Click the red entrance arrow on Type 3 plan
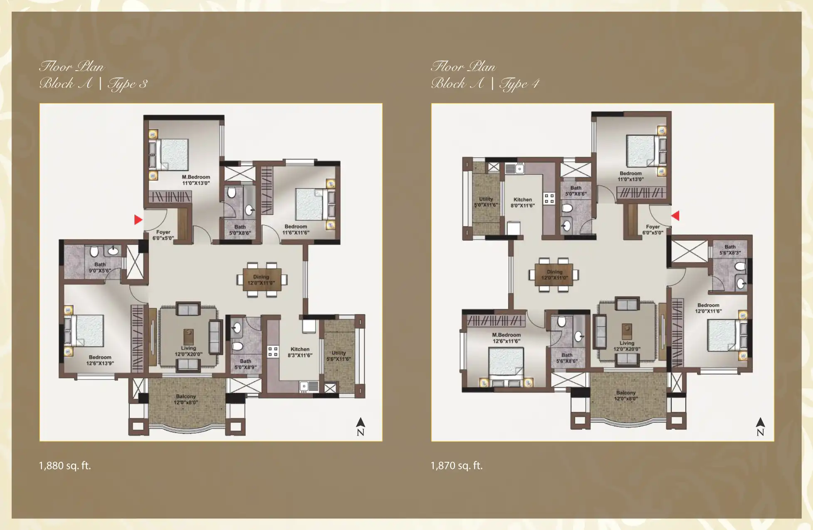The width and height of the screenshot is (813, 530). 138,220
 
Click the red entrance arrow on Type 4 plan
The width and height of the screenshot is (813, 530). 675,216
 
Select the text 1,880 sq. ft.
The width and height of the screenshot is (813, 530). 65,466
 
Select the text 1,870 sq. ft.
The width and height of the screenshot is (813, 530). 457,466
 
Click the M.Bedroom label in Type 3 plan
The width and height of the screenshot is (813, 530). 196,180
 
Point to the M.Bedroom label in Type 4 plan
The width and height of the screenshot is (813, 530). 506,338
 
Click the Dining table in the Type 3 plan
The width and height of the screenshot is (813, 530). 262,280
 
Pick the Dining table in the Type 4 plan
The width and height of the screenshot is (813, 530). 554,275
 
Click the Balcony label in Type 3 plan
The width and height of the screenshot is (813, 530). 186,399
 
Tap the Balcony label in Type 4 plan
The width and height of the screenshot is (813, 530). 626,395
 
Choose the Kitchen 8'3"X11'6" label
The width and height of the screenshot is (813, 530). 300,352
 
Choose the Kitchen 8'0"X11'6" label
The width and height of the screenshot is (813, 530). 523,202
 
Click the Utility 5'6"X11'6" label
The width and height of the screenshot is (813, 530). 339,356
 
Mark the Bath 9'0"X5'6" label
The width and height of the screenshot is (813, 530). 100,267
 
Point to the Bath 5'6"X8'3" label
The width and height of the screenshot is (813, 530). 730,249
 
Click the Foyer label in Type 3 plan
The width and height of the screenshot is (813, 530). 163,235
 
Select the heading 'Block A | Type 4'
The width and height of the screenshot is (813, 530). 485,84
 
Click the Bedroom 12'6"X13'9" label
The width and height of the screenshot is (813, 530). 100,360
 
